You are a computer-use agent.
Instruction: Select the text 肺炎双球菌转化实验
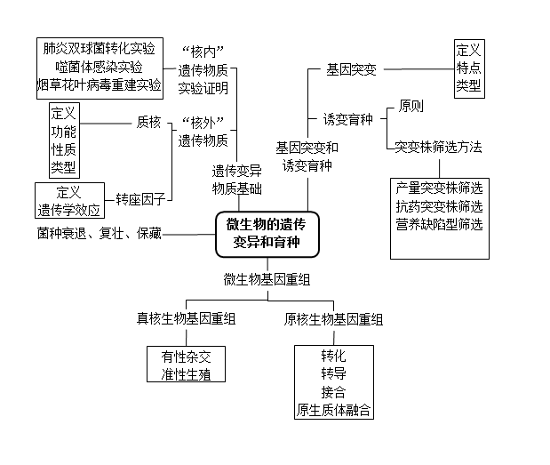(99, 48)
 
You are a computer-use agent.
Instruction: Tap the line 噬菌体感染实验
(99, 67)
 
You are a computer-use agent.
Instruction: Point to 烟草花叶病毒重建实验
(99, 85)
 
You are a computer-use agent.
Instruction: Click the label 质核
(148, 122)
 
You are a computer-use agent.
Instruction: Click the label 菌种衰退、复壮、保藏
(100, 234)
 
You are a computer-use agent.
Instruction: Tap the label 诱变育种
(347, 119)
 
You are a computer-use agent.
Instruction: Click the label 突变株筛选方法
(439, 147)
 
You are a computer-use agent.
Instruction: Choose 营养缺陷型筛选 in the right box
(440, 225)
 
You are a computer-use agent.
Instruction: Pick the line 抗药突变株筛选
(440, 206)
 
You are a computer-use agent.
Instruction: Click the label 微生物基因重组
(267, 279)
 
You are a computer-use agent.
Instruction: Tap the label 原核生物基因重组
(333, 319)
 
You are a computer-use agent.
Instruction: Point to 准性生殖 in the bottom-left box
(186, 373)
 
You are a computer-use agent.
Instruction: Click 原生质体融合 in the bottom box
(333, 410)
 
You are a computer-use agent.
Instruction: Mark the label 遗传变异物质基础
(236, 180)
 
